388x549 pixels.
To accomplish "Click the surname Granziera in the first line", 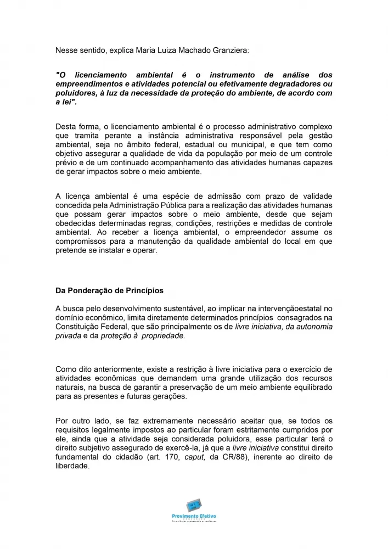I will tap(229, 50).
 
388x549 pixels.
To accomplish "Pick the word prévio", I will tap(67, 163).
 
